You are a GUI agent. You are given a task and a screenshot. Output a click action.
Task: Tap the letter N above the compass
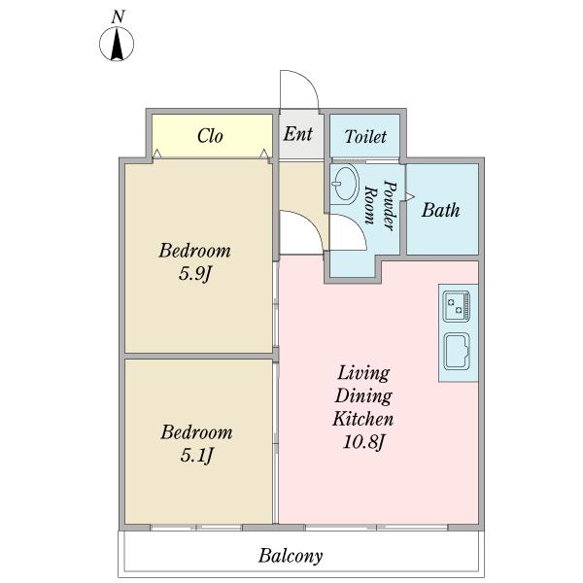point(118,17)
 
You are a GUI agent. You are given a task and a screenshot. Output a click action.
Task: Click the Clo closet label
point(210,136)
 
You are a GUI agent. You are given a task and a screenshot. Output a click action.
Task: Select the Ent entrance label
point(297,134)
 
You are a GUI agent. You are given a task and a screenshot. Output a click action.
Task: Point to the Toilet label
point(365,136)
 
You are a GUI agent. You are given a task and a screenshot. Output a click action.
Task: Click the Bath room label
point(440,210)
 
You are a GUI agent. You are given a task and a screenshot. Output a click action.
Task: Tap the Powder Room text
point(381,205)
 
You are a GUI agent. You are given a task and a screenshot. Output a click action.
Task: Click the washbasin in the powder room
point(345,184)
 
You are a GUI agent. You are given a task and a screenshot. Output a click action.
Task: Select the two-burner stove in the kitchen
point(457,306)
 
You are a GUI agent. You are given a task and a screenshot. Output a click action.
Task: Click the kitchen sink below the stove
point(457,352)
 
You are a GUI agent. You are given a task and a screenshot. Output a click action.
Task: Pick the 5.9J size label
point(195,274)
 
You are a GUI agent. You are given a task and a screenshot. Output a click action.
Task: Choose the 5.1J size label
point(196,455)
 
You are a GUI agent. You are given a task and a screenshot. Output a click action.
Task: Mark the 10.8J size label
point(362,442)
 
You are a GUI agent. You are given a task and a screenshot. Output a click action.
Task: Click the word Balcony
point(291,556)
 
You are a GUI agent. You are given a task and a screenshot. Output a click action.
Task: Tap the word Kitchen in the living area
point(362,419)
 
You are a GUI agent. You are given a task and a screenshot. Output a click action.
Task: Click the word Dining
point(363,395)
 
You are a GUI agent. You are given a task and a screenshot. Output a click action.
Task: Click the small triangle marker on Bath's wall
point(409,196)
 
